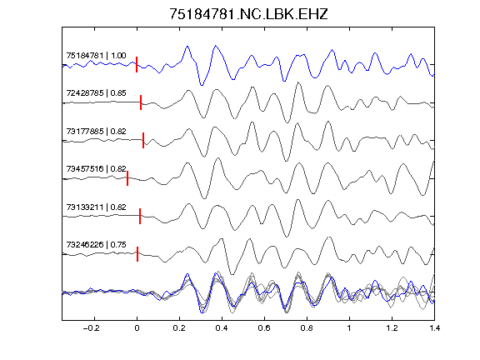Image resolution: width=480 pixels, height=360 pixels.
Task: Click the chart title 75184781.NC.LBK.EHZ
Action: (x=248, y=14)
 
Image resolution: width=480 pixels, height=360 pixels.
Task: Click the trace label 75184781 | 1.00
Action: (x=96, y=56)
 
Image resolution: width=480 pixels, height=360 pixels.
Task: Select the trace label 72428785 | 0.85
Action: (x=96, y=93)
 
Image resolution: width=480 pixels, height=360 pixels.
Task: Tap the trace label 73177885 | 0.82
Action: (x=96, y=132)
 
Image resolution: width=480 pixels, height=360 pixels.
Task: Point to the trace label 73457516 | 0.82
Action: (x=96, y=169)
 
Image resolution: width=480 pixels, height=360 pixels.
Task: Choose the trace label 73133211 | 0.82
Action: (x=96, y=207)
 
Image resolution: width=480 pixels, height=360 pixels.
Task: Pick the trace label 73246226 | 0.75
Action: (x=96, y=245)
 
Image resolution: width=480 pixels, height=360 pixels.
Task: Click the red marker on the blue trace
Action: (x=137, y=65)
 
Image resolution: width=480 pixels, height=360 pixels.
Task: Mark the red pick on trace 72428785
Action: (x=141, y=102)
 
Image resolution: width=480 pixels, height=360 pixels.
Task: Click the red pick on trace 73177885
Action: (x=143, y=140)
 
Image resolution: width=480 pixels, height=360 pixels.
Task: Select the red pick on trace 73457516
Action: (x=127, y=178)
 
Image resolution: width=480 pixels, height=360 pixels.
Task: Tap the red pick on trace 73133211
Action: (x=140, y=216)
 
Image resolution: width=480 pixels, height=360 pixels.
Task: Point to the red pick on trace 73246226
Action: (x=137, y=254)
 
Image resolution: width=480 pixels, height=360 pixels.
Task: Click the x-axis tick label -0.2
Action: (x=91, y=328)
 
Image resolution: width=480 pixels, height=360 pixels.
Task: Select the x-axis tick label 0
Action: (x=137, y=328)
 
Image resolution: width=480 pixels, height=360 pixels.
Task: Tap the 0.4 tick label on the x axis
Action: (x=222, y=328)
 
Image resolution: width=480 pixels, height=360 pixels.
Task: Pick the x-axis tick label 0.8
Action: (x=307, y=328)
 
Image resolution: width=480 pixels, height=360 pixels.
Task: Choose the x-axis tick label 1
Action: (x=349, y=328)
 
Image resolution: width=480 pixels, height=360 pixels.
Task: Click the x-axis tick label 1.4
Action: (x=434, y=328)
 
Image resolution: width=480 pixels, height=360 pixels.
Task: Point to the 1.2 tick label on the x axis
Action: (x=392, y=328)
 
